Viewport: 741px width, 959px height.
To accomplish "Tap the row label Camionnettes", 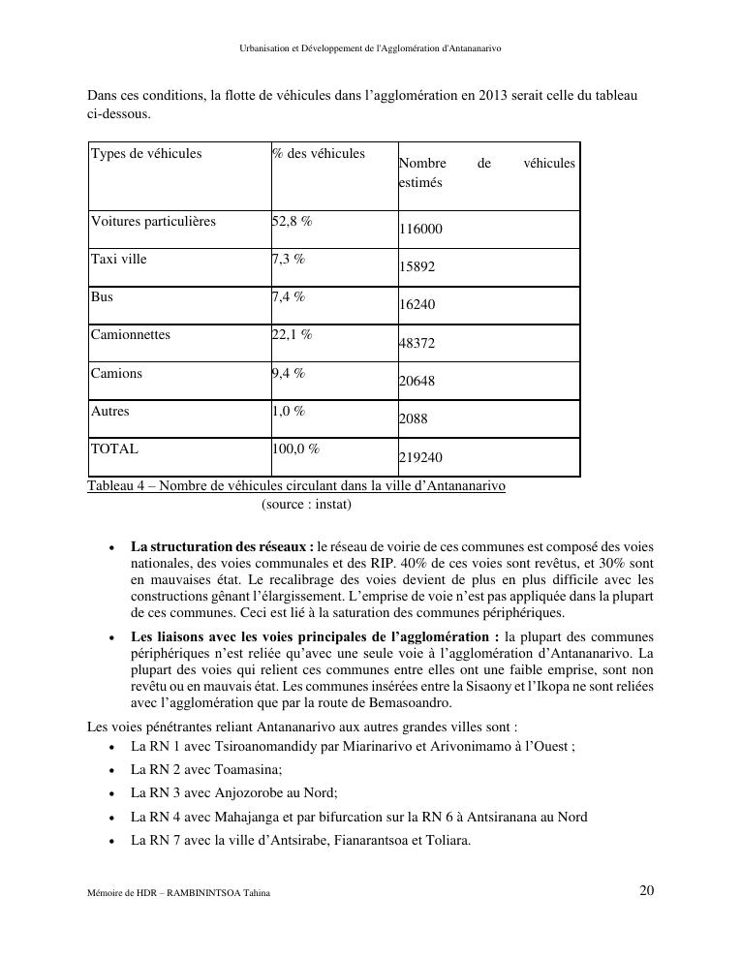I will (131, 335).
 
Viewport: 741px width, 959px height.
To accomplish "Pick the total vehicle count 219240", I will (421, 457).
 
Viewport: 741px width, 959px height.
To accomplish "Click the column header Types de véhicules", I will (146, 153).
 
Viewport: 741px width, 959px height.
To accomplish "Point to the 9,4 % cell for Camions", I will (289, 373).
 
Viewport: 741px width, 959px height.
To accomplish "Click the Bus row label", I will (102, 297).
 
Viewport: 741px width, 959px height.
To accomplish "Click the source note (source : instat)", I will (306, 505).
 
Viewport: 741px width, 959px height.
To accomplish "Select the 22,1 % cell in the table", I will (293, 335).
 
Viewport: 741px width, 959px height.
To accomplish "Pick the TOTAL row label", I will (114, 449).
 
